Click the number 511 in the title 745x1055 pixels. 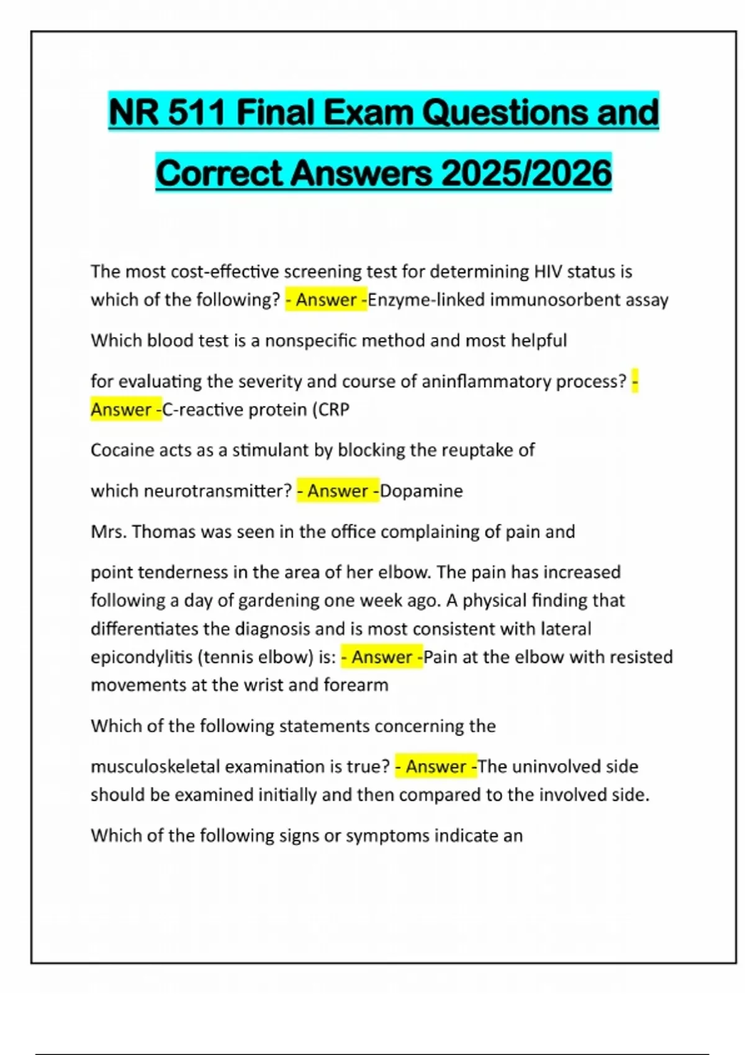pyautogui.click(x=196, y=112)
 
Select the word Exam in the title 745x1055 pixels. pyautogui.click(x=367, y=112)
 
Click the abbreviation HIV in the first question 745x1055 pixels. pyautogui.click(x=548, y=271)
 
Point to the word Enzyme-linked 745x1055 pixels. pyautogui.click(x=427, y=300)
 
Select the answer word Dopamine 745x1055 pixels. pyautogui.click(x=422, y=491)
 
